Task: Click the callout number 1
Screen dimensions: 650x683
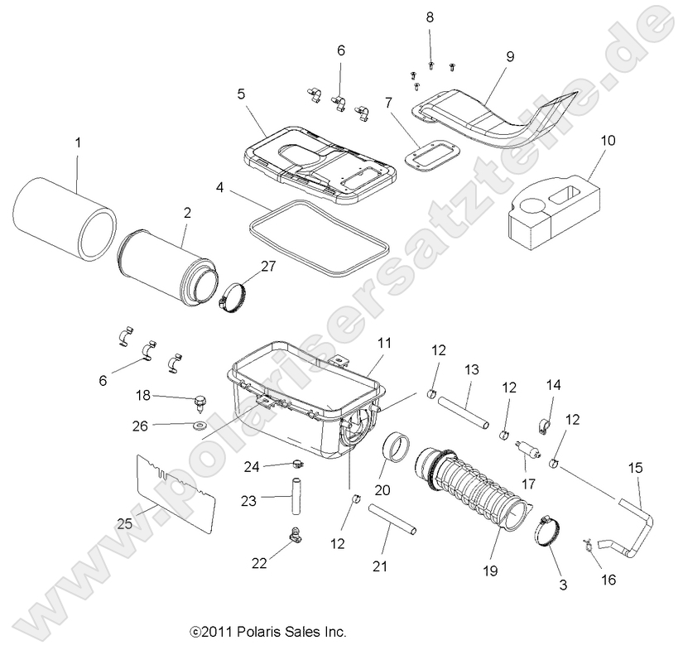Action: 78,142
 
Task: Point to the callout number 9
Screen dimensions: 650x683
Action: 510,56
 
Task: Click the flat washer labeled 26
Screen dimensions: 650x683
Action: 200,426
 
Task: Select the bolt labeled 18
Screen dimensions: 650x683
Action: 200,403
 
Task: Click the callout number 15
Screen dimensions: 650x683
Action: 636,469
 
